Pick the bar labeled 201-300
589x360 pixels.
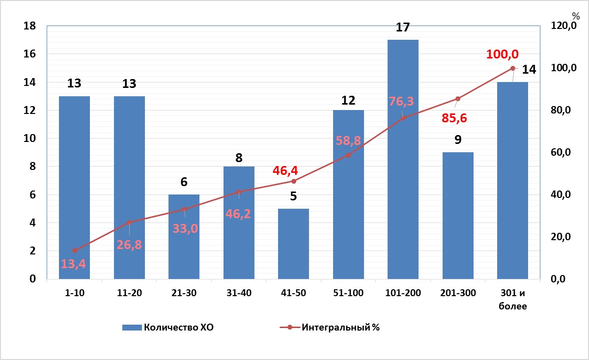pyautogui.click(x=458, y=216)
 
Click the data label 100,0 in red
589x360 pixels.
pyautogui.click(x=502, y=55)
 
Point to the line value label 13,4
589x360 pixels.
pyautogui.click(x=73, y=264)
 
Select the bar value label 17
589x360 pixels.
pyautogui.click(x=403, y=28)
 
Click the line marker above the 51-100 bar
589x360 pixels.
pyautogui.click(x=348, y=155)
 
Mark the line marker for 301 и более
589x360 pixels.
pyautogui.click(x=512, y=68)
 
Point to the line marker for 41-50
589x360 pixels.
pyautogui.click(x=293, y=181)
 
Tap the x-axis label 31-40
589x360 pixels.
pyautogui.click(x=239, y=293)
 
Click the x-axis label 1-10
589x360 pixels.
pyautogui.click(x=74, y=293)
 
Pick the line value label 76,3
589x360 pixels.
pyautogui.click(x=402, y=102)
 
